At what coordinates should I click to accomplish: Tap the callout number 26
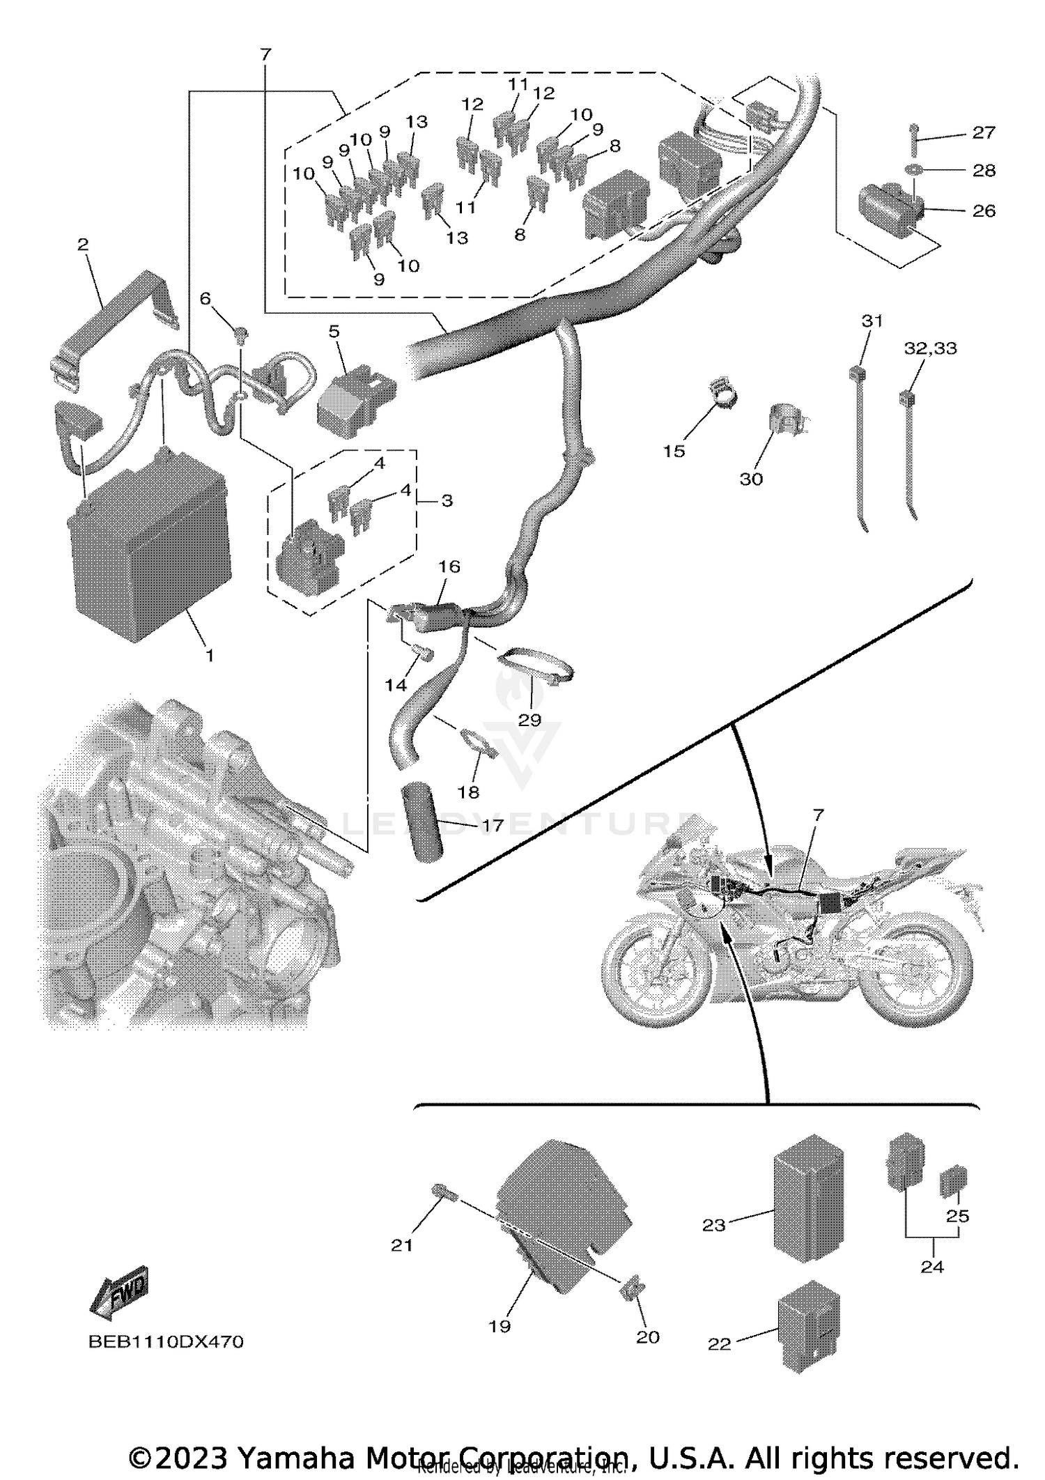point(984,210)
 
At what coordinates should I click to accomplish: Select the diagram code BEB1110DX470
point(166,1341)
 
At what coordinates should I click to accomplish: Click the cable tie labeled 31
point(859,446)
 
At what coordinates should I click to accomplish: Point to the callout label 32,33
point(931,348)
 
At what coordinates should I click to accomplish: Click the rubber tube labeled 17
point(420,822)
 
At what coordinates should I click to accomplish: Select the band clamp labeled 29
point(535,665)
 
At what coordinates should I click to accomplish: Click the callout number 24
point(931,1267)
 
